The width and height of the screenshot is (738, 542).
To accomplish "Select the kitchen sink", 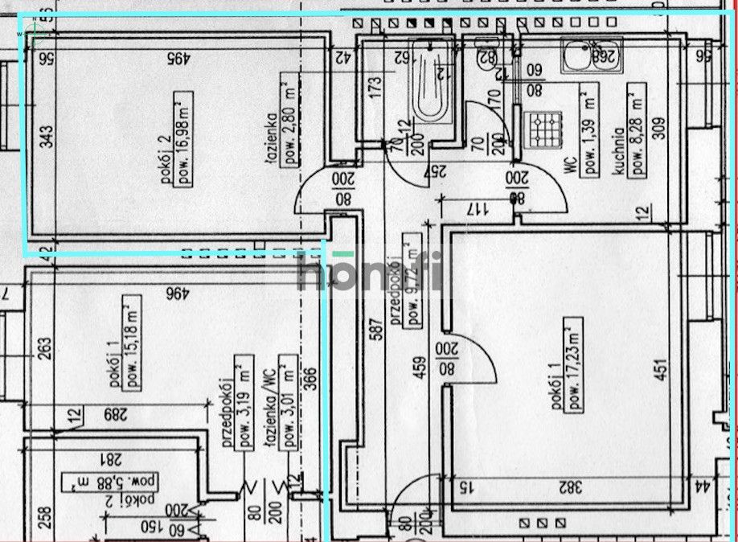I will [x=592, y=55].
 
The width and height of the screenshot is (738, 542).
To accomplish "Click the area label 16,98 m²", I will [x=185, y=139].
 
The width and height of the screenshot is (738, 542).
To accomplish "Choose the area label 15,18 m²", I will [x=128, y=343].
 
